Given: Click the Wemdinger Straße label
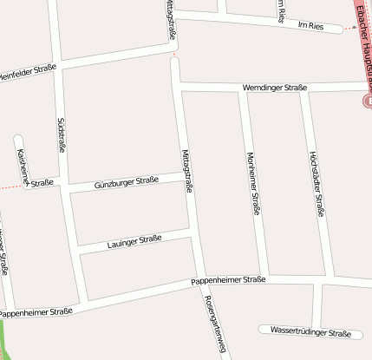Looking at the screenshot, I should [274, 88].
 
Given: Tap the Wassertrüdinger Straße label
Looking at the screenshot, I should [310, 332].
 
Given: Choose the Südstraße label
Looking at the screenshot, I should [62, 134].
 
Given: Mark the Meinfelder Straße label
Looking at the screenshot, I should [28, 71].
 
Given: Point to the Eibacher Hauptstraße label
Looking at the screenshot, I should [362, 35].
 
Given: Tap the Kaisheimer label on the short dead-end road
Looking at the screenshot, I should [23, 165].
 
